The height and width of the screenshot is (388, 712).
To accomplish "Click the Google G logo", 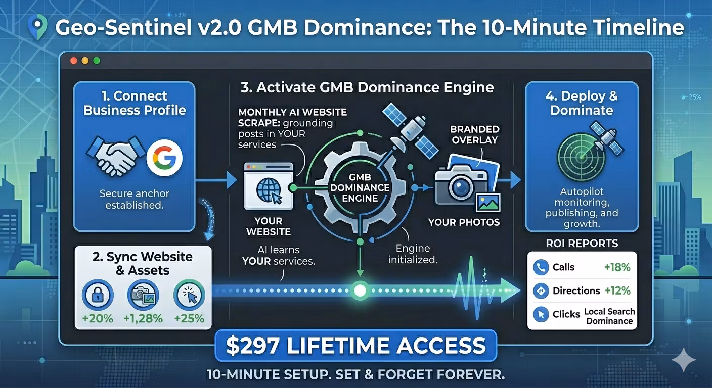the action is tap(164, 158).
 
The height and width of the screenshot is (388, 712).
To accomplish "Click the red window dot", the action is tap(73, 60).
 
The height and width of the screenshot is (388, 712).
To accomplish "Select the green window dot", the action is tap(97, 60).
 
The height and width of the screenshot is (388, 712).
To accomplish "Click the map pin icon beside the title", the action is tap(37, 27).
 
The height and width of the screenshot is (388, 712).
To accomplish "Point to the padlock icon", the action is tap(98, 295).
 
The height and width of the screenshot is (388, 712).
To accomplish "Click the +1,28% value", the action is tap(143, 318).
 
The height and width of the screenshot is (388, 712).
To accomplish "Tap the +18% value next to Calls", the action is tap(617, 267).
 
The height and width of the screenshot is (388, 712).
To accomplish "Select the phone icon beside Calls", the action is tap(541, 267).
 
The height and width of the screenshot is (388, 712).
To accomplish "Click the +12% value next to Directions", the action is tap(617, 290).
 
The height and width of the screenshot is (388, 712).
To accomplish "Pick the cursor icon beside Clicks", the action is tap(541, 314).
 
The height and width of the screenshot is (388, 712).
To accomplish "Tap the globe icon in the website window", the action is tap(268, 190).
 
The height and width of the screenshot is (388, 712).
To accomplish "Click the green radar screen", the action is tap(582, 157).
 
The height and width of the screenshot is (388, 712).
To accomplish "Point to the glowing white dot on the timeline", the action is tap(360, 290).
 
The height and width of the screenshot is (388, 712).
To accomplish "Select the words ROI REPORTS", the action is tap(582, 243).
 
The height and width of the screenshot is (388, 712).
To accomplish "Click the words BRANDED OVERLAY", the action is tap(474, 134).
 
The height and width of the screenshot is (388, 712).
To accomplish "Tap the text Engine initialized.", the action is tap(413, 254).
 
